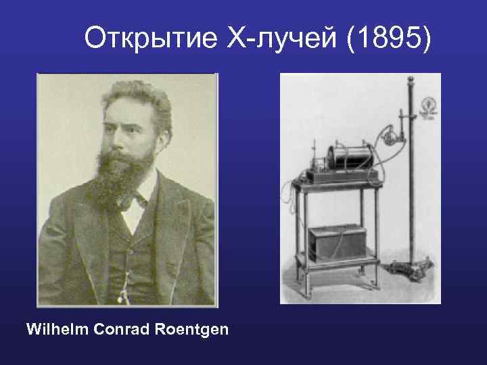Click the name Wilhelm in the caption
coord(57,330)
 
